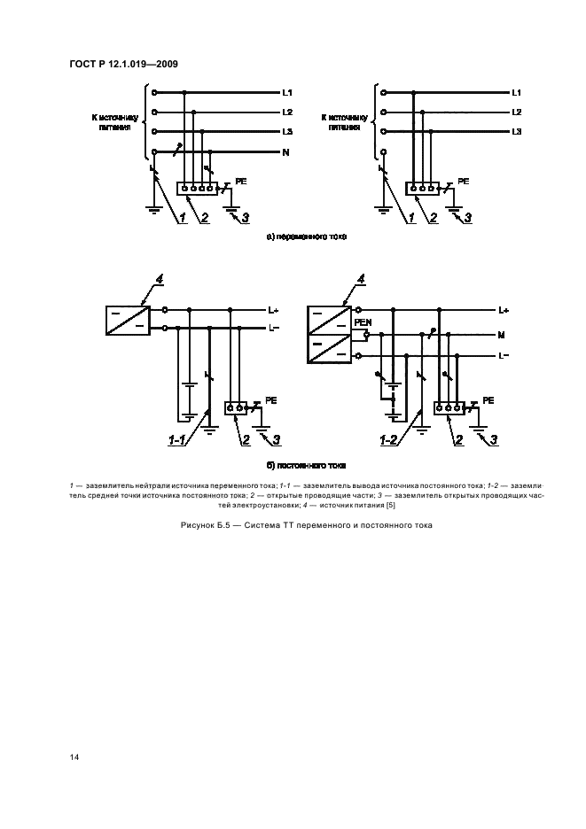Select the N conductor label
(286, 152)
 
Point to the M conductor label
(502, 336)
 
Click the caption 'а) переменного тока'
(307, 236)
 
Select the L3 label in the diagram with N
(287, 131)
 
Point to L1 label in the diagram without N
(517, 92)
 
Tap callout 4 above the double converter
(361, 280)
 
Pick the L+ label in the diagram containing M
(504, 311)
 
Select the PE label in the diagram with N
(239, 180)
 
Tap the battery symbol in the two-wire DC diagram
(187, 399)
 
